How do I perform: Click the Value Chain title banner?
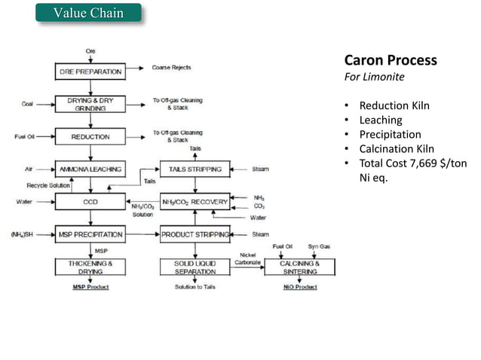(x=89, y=14)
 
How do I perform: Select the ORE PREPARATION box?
(x=90, y=72)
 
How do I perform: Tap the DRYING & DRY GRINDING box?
(x=90, y=104)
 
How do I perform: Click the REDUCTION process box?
(x=90, y=137)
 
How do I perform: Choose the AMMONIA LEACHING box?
(x=90, y=169)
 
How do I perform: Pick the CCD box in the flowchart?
(x=90, y=202)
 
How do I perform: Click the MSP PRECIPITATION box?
(x=90, y=235)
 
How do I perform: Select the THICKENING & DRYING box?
(x=90, y=267)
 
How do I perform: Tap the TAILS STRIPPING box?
(x=195, y=169)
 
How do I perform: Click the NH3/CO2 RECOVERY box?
(x=195, y=202)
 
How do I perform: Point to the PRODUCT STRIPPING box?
(x=195, y=235)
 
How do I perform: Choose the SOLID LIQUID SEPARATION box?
(x=195, y=267)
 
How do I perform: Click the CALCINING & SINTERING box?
(x=300, y=267)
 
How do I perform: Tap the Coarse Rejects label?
(x=171, y=68)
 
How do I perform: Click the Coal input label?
(x=26, y=105)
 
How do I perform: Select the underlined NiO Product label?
(x=300, y=287)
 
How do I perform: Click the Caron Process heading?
(x=390, y=60)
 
